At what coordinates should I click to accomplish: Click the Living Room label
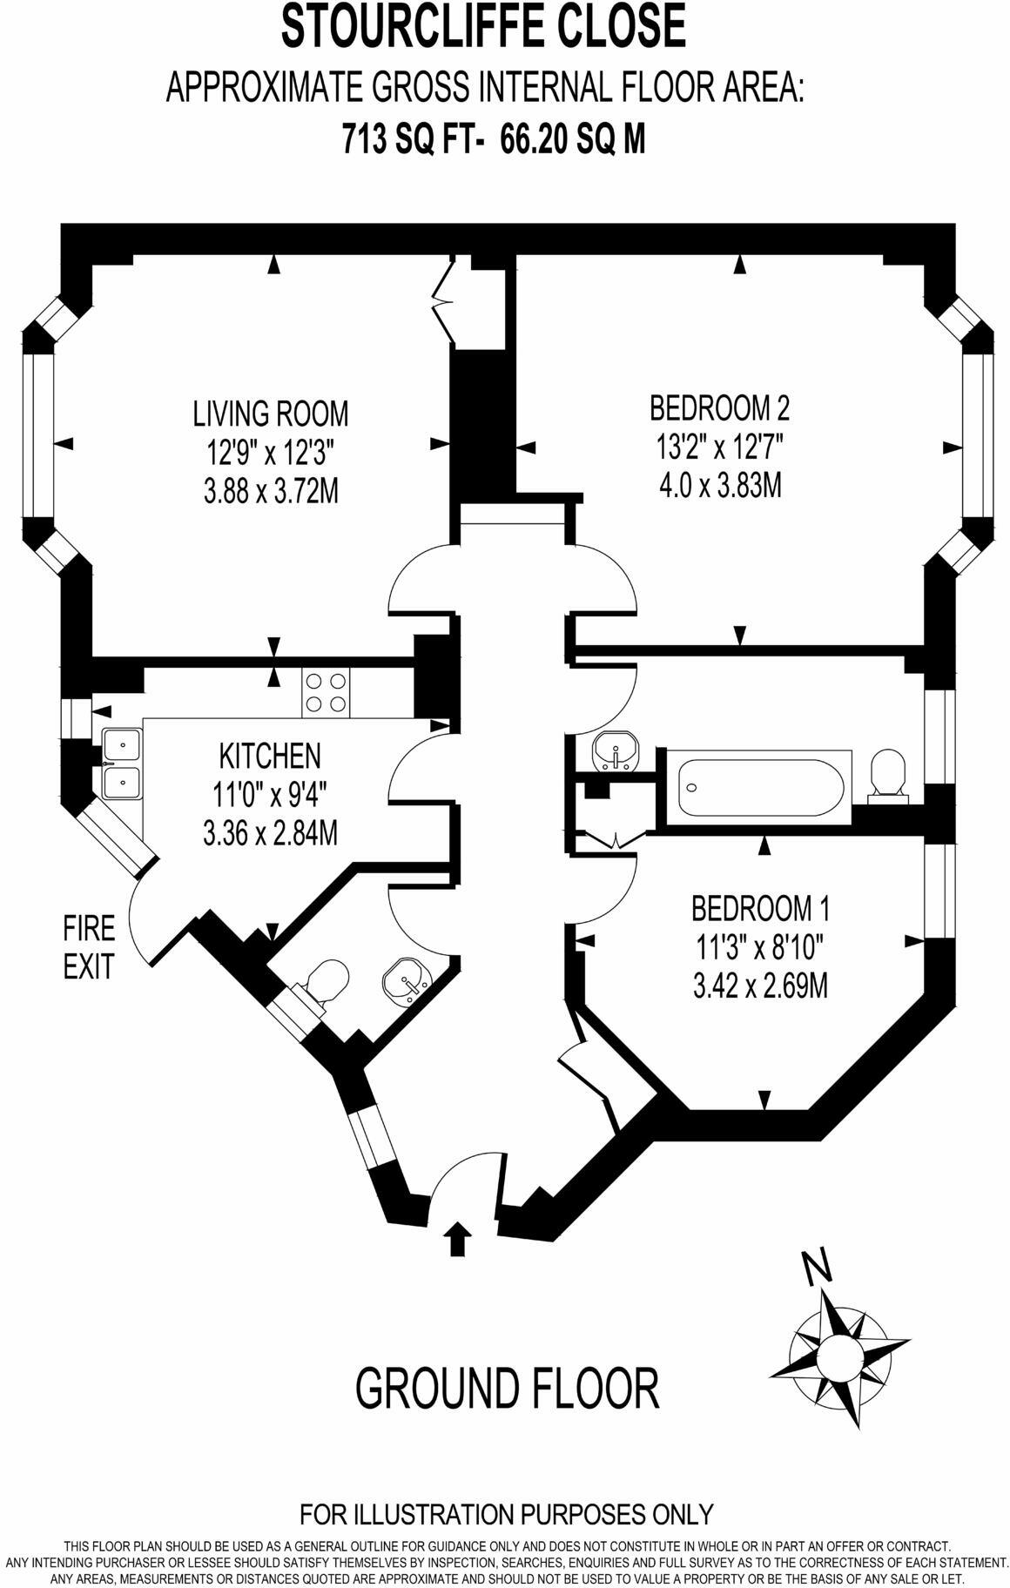[x=270, y=414]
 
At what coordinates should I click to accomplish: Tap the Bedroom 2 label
[x=720, y=407]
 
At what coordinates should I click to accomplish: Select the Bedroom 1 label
[x=759, y=909]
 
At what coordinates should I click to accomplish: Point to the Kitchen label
[x=270, y=756]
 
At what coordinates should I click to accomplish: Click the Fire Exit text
[x=89, y=947]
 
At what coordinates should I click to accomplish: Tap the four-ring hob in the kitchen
[x=326, y=693]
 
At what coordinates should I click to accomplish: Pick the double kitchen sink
[x=122, y=764]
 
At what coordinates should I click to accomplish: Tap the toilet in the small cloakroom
[x=324, y=984]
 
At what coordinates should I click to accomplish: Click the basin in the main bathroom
[x=616, y=751]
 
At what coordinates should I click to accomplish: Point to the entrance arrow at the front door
[x=457, y=1238]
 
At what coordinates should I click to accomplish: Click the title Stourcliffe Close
[x=484, y=26]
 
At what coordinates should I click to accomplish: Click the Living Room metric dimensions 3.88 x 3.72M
[x=270, y=492]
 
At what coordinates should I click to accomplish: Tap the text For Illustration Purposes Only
[x=506, y=1514]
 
